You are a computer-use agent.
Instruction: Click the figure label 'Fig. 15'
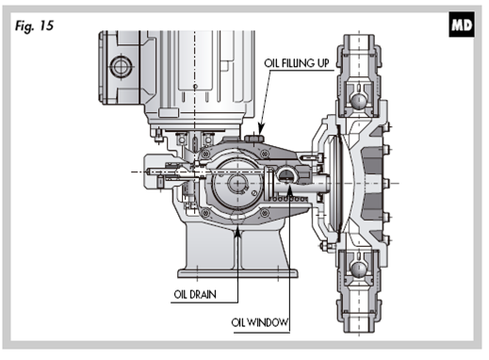(x=34, y=25)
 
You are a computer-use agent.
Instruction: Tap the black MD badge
(x=461, y=25)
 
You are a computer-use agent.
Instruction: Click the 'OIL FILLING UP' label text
(x=297, y=63)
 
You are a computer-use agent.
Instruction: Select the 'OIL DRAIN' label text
(x=195, y=295)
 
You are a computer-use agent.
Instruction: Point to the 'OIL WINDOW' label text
(x=259, y=322)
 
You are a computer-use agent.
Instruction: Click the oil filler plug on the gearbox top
(x=254, y=139)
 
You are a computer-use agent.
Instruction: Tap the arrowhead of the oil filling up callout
(x=260, y=129)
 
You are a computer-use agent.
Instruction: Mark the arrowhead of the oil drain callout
(x=237, y=231)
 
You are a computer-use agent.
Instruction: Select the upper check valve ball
(x=358, y=101)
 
